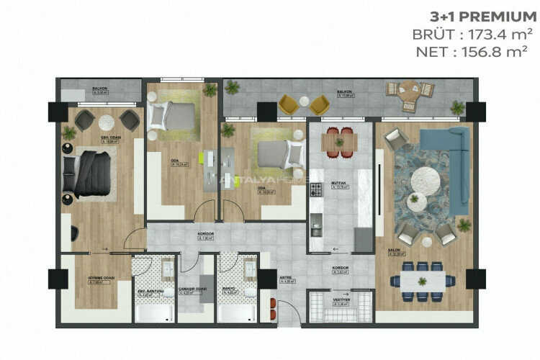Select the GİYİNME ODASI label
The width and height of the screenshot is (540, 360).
(x=94, y=277)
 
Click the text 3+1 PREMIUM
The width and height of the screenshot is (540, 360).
(x=471, y=16)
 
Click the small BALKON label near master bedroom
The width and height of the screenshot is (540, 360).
(x=99, y=89)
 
